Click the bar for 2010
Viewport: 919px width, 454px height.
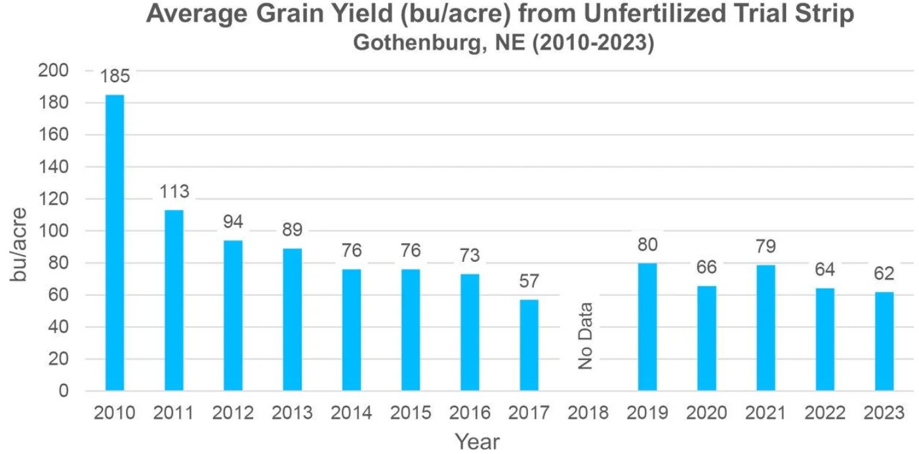click(x=115, y=243)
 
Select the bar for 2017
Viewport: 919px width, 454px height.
click(x=529, y=345)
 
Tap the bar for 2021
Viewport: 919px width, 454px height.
click(x=766, y=328)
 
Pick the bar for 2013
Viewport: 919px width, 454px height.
click(x=292, y=320)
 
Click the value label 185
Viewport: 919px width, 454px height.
click(x=115, y=76)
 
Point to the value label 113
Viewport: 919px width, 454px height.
click(x=174, y=192)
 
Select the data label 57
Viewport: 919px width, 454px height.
click(x=529, y=281)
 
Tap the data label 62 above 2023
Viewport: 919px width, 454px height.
click(x=884, y=274)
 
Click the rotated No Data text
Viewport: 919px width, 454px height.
click(x=586, y=336)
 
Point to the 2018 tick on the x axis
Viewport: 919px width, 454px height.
click(x=588, y=413)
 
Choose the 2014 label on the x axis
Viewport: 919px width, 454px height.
click(x=351, y=413)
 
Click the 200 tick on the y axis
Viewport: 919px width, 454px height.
click(x=53, y=71)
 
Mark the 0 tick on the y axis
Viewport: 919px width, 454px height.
click(x=64, y=391)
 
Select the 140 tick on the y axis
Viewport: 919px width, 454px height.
click(x=53, y=167)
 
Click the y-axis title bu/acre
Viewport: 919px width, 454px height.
click(x=18, y=245)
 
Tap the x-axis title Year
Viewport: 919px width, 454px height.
click(x=477, y=442)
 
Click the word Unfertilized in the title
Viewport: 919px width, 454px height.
click(x=655, y=13)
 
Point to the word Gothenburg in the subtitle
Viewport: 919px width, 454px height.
click(x=417, y=43)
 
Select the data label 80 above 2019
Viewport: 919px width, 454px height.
click(x=647, y=245)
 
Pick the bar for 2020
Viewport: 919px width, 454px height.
click(x=706, y=339)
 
